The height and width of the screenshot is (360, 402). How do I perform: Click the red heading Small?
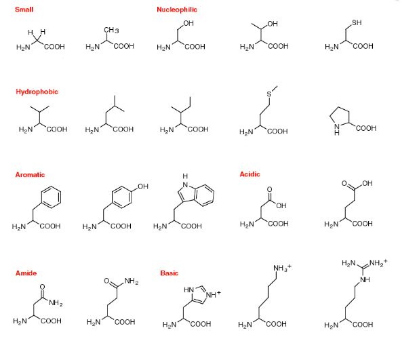(24, 9)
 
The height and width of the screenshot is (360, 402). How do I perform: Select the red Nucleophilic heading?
(177, 9)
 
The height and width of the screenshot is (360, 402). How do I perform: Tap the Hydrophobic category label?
(37, 92)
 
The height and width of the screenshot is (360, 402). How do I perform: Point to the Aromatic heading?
(30, 175)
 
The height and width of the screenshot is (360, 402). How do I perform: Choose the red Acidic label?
(250, 174)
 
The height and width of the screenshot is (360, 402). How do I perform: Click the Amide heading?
(26, 273)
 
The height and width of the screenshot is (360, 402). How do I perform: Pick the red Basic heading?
(169, 273)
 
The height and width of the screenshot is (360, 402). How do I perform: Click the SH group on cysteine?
(357, 23)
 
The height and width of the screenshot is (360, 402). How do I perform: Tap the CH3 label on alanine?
(111, 31)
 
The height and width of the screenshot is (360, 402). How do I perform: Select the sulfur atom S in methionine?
(269, 94)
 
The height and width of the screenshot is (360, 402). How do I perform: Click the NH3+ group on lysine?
(282, 268)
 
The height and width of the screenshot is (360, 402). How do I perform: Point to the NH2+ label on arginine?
(378, 263)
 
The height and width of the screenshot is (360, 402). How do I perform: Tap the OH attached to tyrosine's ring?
(143, 186)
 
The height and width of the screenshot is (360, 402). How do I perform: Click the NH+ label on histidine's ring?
(213, 295)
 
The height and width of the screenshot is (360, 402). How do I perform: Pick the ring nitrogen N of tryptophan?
(185, 185)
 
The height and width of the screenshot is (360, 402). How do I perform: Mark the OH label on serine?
(188, 23)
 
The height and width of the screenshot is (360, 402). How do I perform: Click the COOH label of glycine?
(54, 47)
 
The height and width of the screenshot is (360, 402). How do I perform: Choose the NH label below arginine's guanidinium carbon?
(365, 279)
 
